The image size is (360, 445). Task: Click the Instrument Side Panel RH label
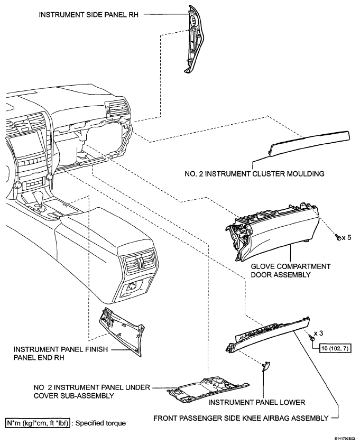pos(89,14)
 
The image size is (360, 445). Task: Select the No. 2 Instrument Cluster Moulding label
pos(254,173)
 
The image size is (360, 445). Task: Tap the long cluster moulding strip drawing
pos(309,143)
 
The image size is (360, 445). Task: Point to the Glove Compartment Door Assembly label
pos(291,271)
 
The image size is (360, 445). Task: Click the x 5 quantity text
pos(346,237)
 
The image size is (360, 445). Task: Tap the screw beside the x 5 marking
pos(338,237)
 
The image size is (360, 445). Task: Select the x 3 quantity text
pos(318,333)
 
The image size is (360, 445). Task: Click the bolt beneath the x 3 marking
pos(312,338)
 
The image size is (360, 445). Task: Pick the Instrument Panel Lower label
pos(257,402)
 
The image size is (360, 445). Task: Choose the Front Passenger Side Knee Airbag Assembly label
pos(241,418)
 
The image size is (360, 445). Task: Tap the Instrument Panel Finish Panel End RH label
pos(61,354)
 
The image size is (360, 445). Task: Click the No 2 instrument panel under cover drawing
pos(208,390)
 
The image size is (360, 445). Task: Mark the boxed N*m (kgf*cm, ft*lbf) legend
pos(38,423)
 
